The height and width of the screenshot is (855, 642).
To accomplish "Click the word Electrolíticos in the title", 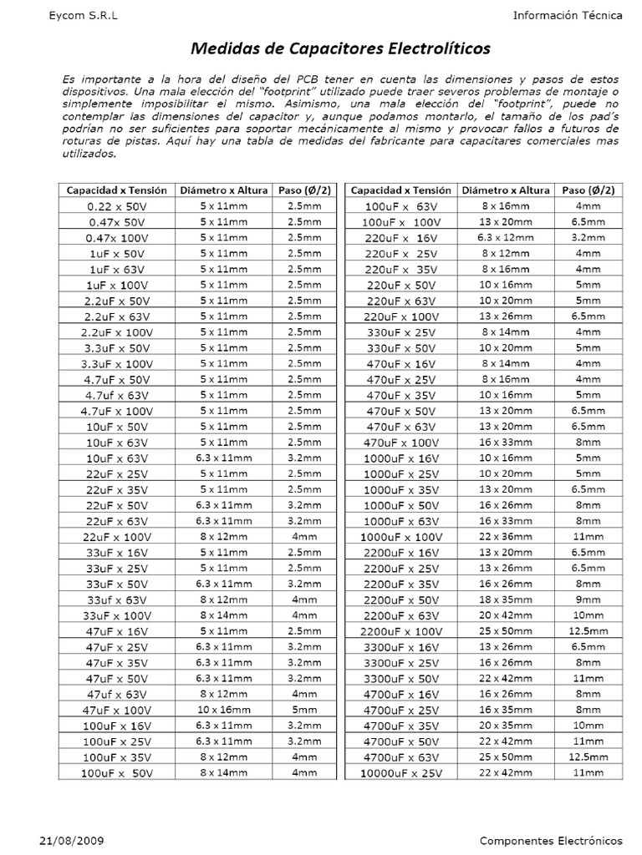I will (x=436, y=48).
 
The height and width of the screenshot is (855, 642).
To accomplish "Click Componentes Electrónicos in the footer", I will (x=552, y=839).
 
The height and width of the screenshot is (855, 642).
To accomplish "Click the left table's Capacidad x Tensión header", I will (x=116, y=190).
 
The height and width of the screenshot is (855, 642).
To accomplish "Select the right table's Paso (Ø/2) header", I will (x=588, y=190).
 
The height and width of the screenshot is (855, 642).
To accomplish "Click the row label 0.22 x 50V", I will (x=116, y=205).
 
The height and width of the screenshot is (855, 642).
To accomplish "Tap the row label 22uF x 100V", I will (x=116, y=537).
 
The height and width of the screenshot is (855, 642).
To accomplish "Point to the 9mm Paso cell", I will (x=588, y=600).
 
